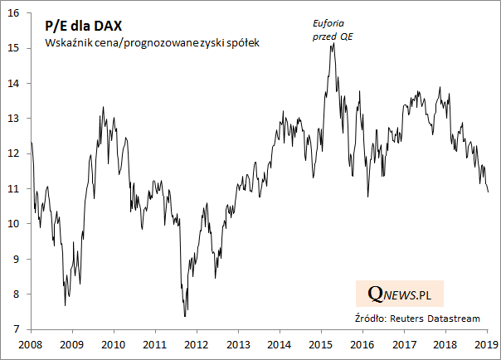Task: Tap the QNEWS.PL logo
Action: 405,294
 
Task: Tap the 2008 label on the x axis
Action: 30,343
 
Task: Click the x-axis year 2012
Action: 196,343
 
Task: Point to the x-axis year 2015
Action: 320,343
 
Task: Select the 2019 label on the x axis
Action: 485,343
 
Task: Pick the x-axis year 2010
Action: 113,343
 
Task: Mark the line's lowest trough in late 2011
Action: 185,316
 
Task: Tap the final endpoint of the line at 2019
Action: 488,192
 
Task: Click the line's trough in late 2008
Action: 66,305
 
